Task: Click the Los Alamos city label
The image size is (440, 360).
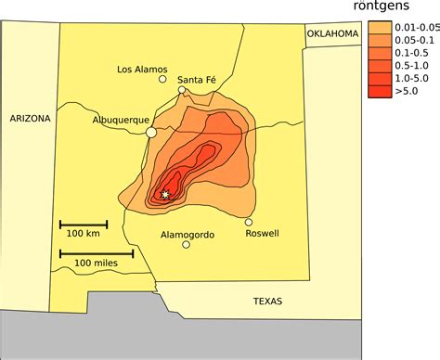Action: [142, 69]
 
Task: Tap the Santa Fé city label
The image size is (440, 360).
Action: [199, 78]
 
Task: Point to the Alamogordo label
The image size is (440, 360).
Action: [188, 235]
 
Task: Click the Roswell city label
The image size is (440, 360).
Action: [262, 233]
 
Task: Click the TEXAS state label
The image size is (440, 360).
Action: [267, 302]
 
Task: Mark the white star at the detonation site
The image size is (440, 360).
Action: [165, 194]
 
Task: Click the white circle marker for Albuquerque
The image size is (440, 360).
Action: [151, 133]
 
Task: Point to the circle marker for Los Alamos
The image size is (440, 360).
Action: [162, 80]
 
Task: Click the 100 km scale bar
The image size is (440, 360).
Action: [84, 224]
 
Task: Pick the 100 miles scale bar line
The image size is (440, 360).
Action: [97, 252]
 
